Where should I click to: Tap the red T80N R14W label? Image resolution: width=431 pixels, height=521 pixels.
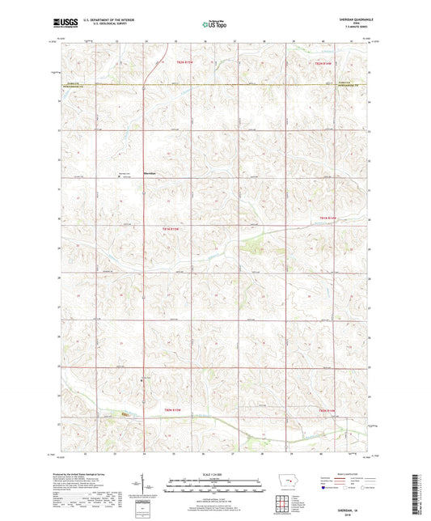pyautogui.click(x=324, y=411)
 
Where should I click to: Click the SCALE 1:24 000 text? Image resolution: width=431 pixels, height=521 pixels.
pyautogui.click(x=215, y=474)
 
